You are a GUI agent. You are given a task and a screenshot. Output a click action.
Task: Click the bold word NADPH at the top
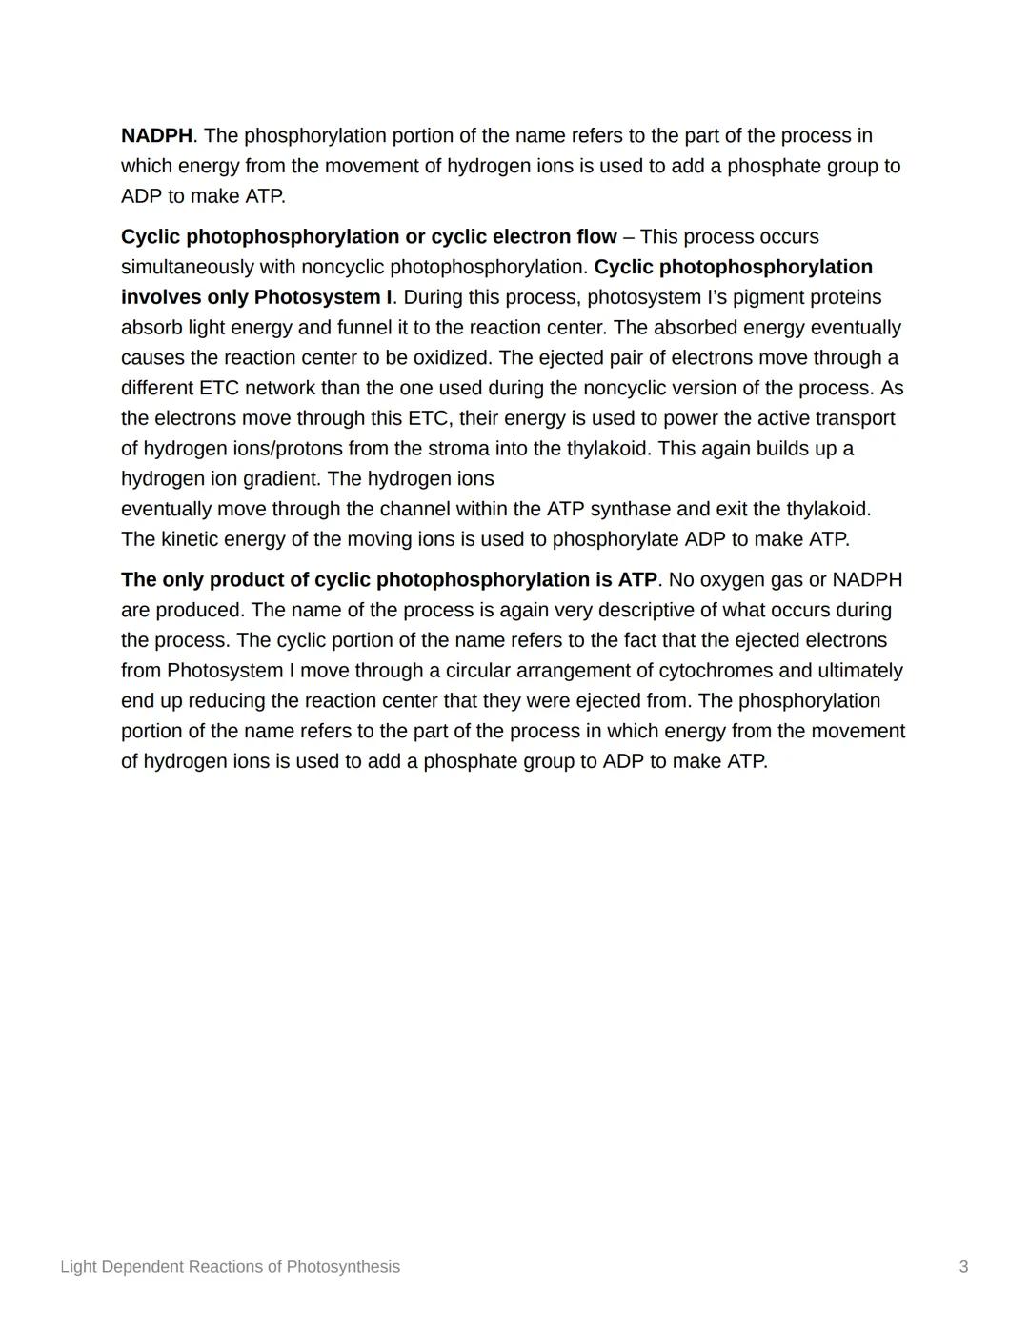pyautogui.click(x=156, y=136)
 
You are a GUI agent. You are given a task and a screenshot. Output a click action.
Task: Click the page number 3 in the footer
pyautogui.click(x=963, y=1267)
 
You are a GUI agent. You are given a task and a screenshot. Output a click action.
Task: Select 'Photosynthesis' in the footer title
pyautogui.click(x=343, y=1267)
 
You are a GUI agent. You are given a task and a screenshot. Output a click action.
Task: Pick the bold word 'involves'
pyautogui.click(x=160, y=297)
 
